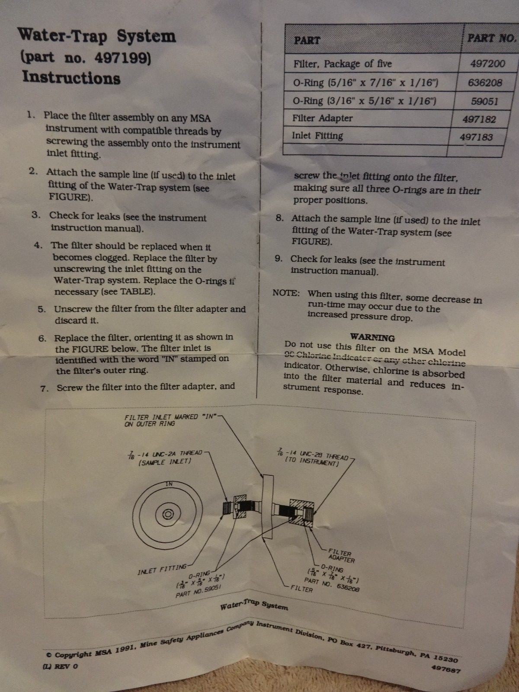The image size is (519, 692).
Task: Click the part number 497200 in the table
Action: pyautogui.click(x=487, y=64)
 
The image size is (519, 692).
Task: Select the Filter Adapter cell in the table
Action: pyautogui.click(x=322, y=118)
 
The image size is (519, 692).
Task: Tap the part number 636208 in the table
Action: pyautogui.click(x=485, y=83)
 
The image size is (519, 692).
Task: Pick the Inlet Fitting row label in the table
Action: pyautogui.click(x=317, y=135)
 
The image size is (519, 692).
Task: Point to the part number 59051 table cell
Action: pyautogui.click(x=484, y=101)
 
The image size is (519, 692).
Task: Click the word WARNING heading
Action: pyautogui.click(x=372, y=337)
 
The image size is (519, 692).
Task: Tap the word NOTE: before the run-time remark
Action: pyautogui.click(x=286, y=293)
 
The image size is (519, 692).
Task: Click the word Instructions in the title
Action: pyautogui.click(x=71, y=77)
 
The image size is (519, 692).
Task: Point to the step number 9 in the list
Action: pyautogui.click(x=279, y=259)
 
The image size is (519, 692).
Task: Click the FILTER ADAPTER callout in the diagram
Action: pyautogui.click(x=341, y=556)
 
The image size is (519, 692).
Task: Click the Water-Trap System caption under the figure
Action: pyautogui.click(x=253, y=605)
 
